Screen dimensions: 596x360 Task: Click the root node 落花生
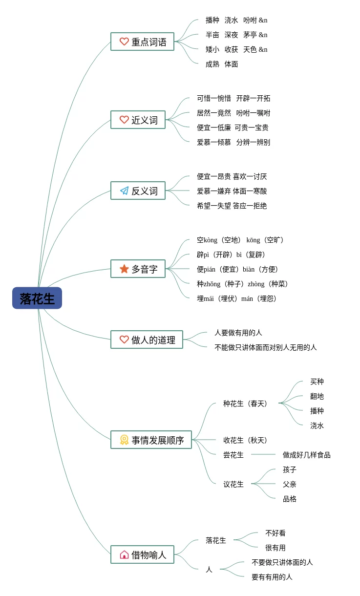click(37, 298)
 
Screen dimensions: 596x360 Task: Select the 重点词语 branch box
click(142, 42)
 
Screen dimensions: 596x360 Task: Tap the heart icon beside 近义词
click(124, 120)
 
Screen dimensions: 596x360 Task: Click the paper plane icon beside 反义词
click(124, 191)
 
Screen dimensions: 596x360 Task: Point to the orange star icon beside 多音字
click(124, 269)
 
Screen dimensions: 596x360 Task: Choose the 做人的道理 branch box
click(147, 340)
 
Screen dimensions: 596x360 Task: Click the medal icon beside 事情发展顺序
click(124, 440)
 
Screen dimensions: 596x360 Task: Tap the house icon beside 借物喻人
click(124, 554)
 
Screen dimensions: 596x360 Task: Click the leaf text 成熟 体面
click(222, 64)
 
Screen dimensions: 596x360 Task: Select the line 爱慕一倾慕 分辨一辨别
click(233, 142)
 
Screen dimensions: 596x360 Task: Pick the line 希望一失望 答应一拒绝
click(232, 206)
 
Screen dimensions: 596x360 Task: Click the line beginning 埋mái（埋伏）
click(237, 298)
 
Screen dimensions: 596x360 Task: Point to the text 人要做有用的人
click(238, 333)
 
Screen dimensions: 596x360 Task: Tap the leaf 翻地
click(317, 396)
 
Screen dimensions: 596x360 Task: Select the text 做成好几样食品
click(306, 455)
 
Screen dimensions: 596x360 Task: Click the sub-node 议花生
click(233, 484)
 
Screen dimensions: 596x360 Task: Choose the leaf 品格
click(289, 499)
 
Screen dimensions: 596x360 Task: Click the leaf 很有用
click(275, 548)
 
